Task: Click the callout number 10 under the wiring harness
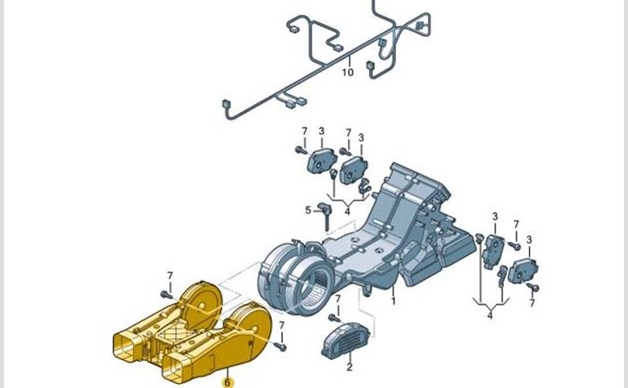(x=347, y=72)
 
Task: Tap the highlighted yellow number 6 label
(x=227, y=383)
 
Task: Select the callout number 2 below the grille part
(x=350, y=367)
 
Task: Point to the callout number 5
(x=308, y=210)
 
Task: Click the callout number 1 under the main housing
(x=393, y=300)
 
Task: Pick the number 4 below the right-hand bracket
(x=490, y=316)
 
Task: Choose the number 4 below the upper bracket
(x=347, y=211)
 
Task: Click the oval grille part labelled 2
(x=347, y=341)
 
